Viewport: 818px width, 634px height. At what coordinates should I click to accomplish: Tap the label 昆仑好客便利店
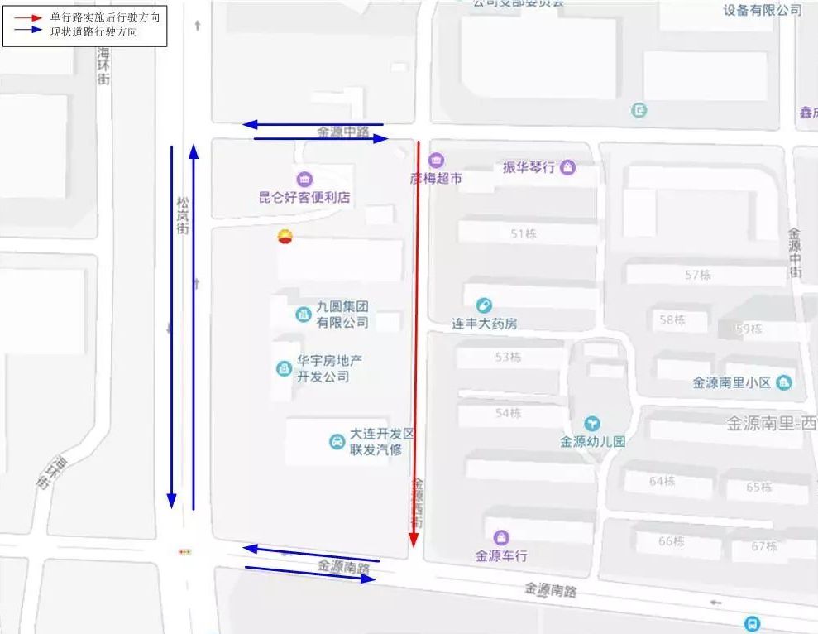click(x=304, y=198)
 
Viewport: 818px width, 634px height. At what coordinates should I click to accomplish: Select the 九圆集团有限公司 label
click(x=342, y=315)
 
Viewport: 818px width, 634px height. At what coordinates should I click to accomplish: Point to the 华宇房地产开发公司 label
click(x=328, y=368)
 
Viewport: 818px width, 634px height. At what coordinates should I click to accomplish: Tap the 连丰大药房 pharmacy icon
click(x=484, y=306)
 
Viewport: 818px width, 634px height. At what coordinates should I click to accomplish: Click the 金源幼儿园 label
click(x=592, y=441)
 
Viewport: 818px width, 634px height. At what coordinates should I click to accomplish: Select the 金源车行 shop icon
click(x=500, y=538)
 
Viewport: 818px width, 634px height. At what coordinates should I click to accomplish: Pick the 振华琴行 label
click(x=529, y=168)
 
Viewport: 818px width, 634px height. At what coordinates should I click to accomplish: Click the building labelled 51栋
click(x=524, y=234)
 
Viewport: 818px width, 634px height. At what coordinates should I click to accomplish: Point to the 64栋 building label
click(x=663, y=481)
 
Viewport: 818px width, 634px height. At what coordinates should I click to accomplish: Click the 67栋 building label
click(x=764, y=546)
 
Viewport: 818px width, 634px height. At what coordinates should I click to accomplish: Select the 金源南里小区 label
click(x=732, y=382)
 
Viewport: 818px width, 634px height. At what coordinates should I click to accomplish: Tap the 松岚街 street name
click(x=183, y=215)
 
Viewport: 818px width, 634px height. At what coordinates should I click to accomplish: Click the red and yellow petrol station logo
click(x=285, y=238)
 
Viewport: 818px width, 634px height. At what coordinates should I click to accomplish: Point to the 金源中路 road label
click(x=342, y=132)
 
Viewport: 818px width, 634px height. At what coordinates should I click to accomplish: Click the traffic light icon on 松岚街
click(x=184, y=551)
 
